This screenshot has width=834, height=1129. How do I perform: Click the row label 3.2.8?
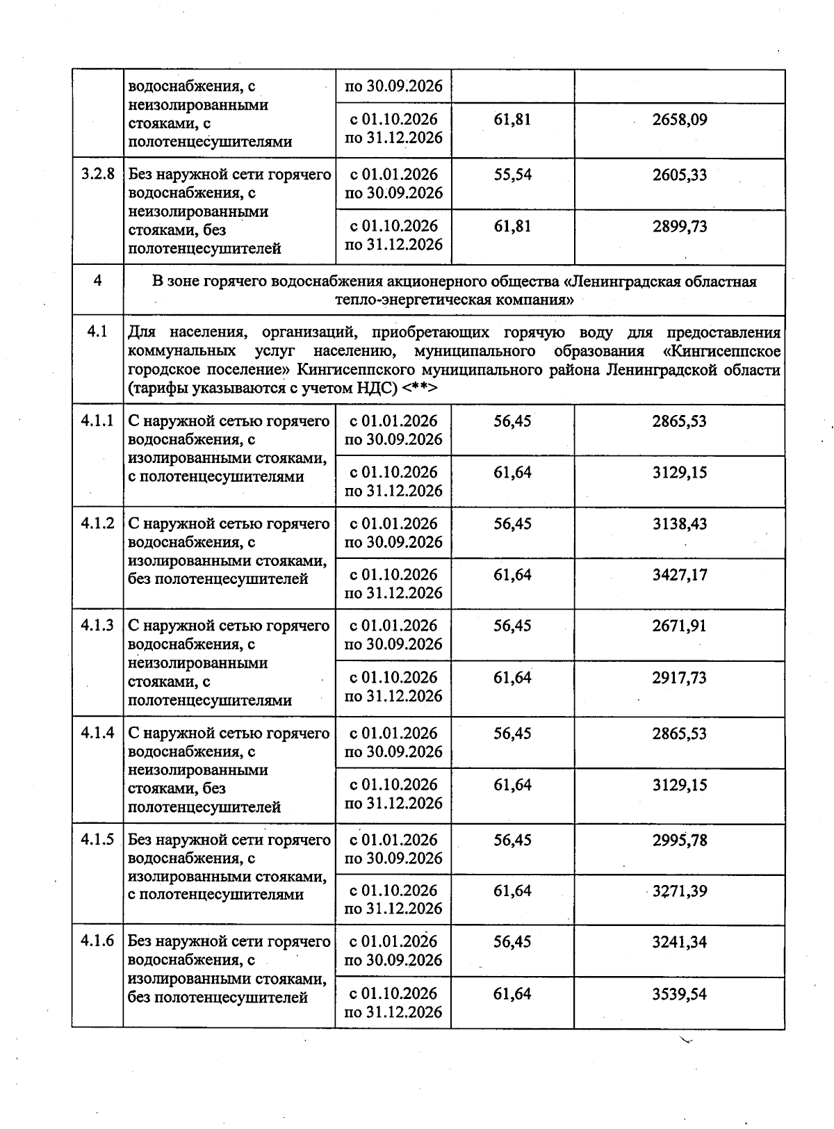[x=97, y=174]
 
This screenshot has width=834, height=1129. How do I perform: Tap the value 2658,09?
[x=679, y=120]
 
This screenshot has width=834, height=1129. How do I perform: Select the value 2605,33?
[x=679, y=174]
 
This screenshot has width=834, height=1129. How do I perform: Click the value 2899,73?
[x=679, y=226]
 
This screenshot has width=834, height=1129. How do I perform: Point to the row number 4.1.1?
[x=97, y=421]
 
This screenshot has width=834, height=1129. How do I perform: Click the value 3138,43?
[x=679, y=523]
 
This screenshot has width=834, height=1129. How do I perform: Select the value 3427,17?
[x=679, y=575]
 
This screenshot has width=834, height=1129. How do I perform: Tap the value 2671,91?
[x=679, y=626]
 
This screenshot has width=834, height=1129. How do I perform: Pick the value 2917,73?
[x=679, y=677]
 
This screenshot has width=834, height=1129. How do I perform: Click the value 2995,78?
[x=679, y=840]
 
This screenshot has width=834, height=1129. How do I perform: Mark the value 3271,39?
[x=679, y=891]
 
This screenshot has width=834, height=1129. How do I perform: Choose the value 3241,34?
[x=679, y=942]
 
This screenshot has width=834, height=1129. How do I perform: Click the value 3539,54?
[x=679, y=994]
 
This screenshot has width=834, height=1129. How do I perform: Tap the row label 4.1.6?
[x=97, y=941]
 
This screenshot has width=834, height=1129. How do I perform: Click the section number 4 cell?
[x=97, y=281]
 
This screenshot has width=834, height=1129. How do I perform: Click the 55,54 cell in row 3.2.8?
[x=512, y=174]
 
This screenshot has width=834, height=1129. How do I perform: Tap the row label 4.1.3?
[x=97, y=626]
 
